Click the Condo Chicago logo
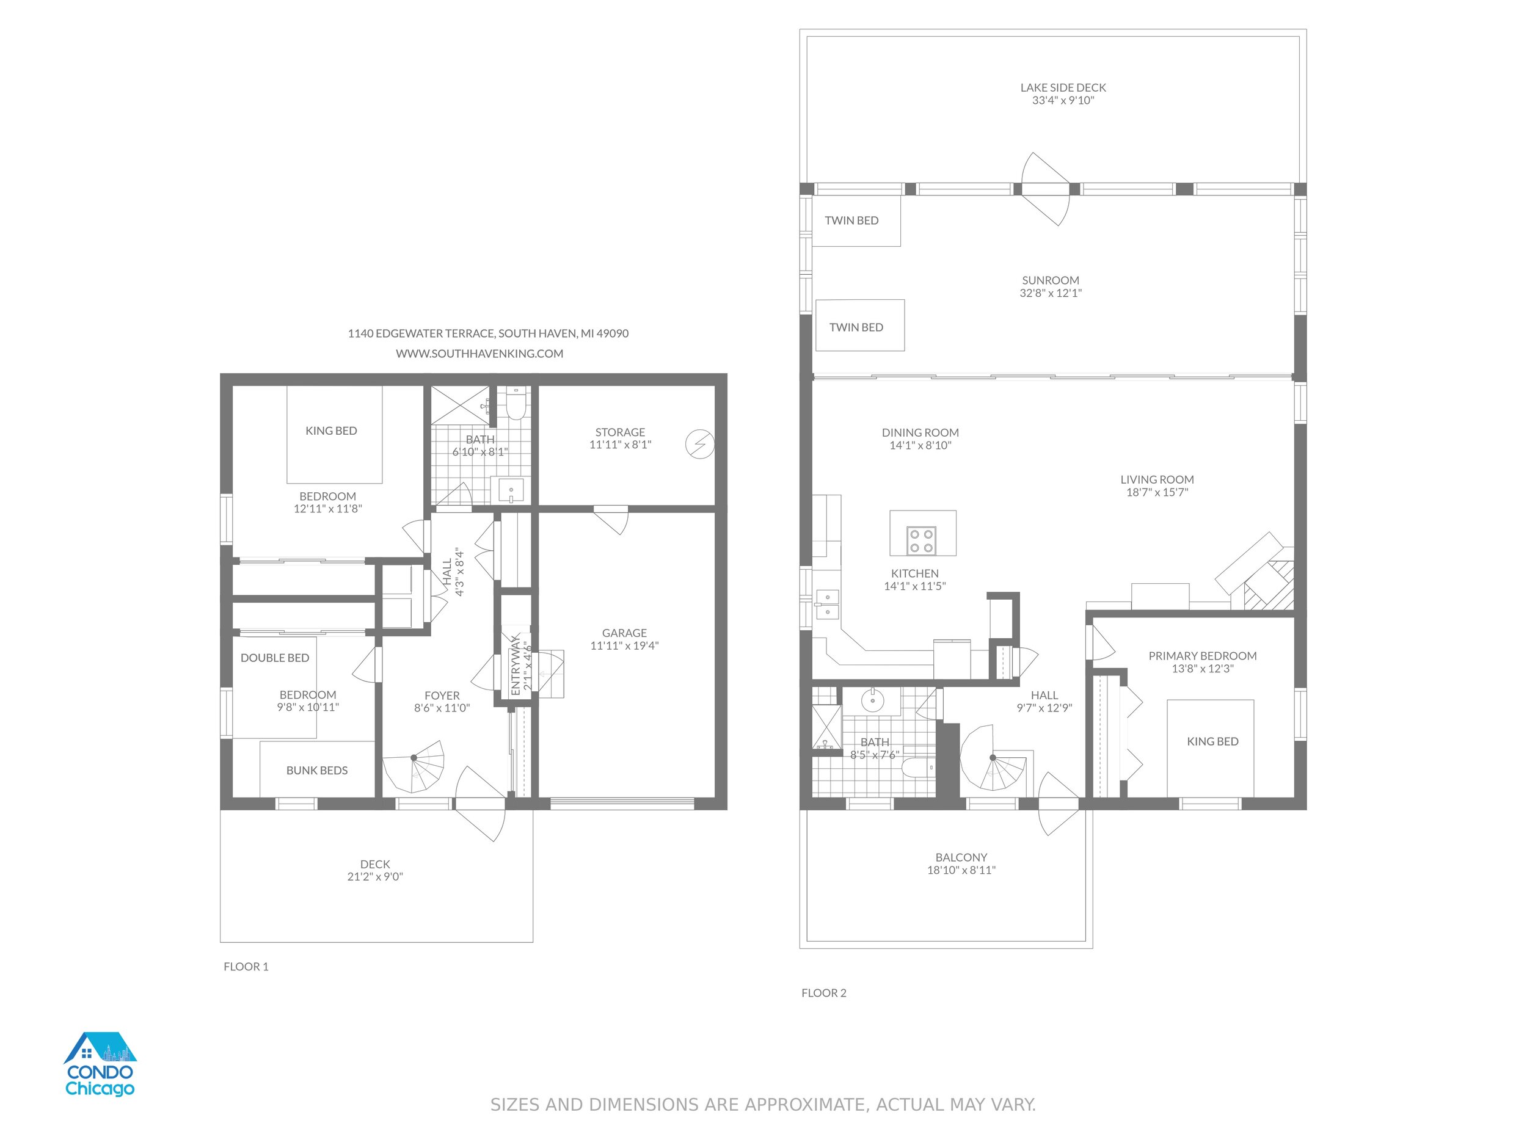[x=100, y=1064]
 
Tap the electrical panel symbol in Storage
[x=699, y=445]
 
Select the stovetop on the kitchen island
[x=921, y=541]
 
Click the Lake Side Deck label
[x=1063, y=88]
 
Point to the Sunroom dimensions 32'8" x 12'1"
[x=1051, y=293]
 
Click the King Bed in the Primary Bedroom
[x=1210, y=748]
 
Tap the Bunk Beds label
[x=317, y=770]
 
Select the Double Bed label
[x=275, y=658]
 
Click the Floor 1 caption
[x=246, y=966]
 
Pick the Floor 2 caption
[x=823, y=992]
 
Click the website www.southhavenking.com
[x=479, y=354]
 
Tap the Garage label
[x=624, y=633]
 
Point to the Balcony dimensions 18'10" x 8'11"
[x=961, y=870]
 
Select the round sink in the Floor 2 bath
[x=873, y=701]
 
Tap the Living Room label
[x=1157, y=479]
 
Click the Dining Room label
[x=920, y=433]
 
